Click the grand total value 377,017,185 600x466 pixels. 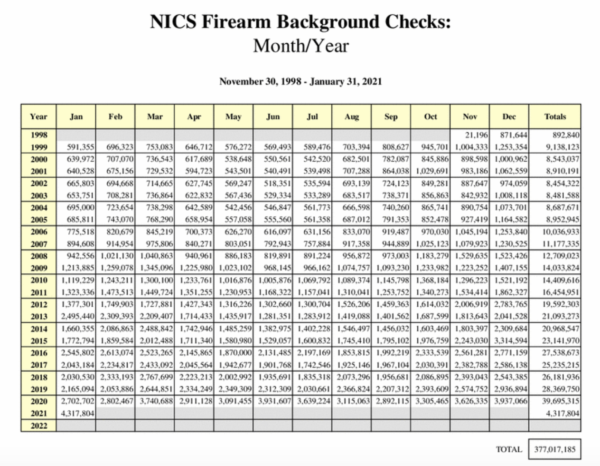point(554,449)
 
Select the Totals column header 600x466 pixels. point(555,116)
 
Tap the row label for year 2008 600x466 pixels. point(38,256)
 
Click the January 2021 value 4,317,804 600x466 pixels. point(77,413)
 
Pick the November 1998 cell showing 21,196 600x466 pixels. point(476,135)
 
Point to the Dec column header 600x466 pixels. point(509,116)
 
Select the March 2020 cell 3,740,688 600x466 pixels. point(156,401)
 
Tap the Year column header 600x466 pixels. point(38,116)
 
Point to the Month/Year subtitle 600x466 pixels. point(300,46)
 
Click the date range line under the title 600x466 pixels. point(300,81)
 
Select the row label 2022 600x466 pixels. point(38,426)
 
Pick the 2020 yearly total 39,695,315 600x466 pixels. point(561,401)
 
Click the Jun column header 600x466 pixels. point(273,116)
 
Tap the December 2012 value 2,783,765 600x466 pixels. point(510,304)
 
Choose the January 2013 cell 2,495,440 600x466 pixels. point(77,316)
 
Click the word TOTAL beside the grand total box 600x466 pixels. point(509,449)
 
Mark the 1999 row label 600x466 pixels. point(38,147)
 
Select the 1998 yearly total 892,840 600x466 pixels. point(566,135)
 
